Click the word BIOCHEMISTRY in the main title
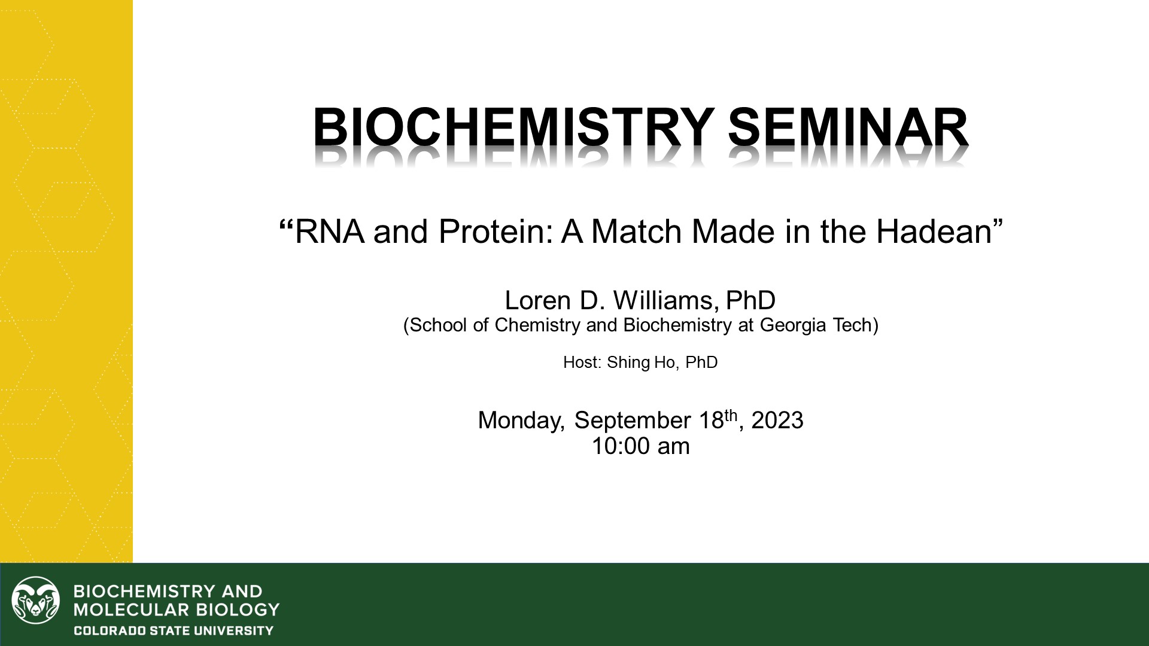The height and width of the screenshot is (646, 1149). coord(513,127)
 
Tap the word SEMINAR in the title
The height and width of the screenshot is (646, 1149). coord(848,127)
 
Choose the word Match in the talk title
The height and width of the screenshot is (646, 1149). coord(639,231)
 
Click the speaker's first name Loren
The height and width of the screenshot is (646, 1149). coord(538,300)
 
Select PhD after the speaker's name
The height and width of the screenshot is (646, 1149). coord(750,300)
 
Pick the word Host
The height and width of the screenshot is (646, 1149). coord(581,362)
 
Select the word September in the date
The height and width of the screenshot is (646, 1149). coord(632,421)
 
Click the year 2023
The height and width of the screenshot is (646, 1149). coord(777,420)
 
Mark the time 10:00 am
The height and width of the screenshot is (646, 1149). coord(640,446)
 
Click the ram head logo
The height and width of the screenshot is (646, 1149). coord(36,601)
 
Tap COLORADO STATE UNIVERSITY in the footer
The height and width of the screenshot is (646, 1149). coord(173,630)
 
